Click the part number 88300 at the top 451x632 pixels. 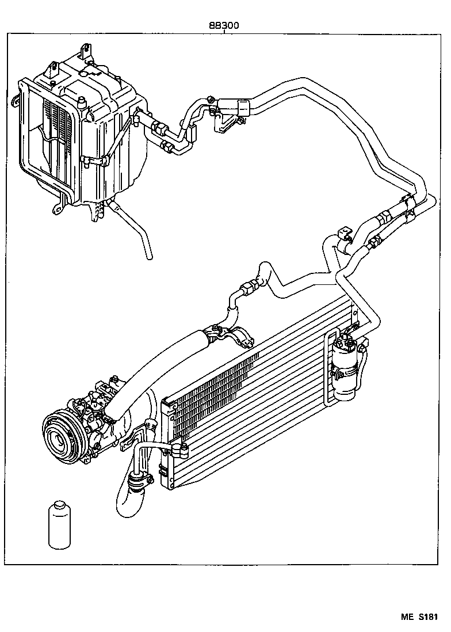[224, 26]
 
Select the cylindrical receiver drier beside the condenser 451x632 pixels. [346, 368]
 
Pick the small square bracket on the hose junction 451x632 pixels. [345, 233]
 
